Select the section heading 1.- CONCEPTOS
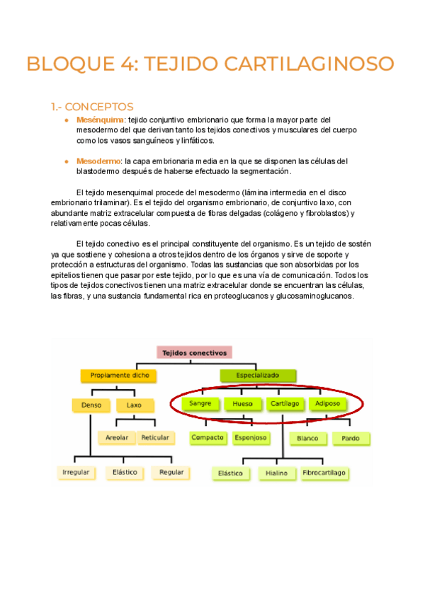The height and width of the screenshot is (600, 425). pos(91,107)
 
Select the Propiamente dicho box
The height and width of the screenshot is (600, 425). pos(119,375)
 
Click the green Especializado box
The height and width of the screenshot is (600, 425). pos(258,375)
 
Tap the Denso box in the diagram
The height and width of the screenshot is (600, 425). pos(91,405)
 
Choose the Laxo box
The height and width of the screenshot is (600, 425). pos(134,405)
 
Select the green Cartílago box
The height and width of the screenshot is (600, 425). pos(285,404)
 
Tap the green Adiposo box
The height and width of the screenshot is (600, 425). pos(327,404)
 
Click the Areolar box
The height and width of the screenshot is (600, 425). pos(117,438)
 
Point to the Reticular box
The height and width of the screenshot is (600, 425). pos(155,438)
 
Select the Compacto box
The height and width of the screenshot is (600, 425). pos(208,438)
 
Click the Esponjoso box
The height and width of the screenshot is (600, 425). pos(251,438)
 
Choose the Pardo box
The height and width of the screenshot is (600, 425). pos(351,439)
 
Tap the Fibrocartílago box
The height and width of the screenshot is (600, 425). pos(324,472)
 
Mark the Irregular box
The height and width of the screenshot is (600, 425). pos(76,472)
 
